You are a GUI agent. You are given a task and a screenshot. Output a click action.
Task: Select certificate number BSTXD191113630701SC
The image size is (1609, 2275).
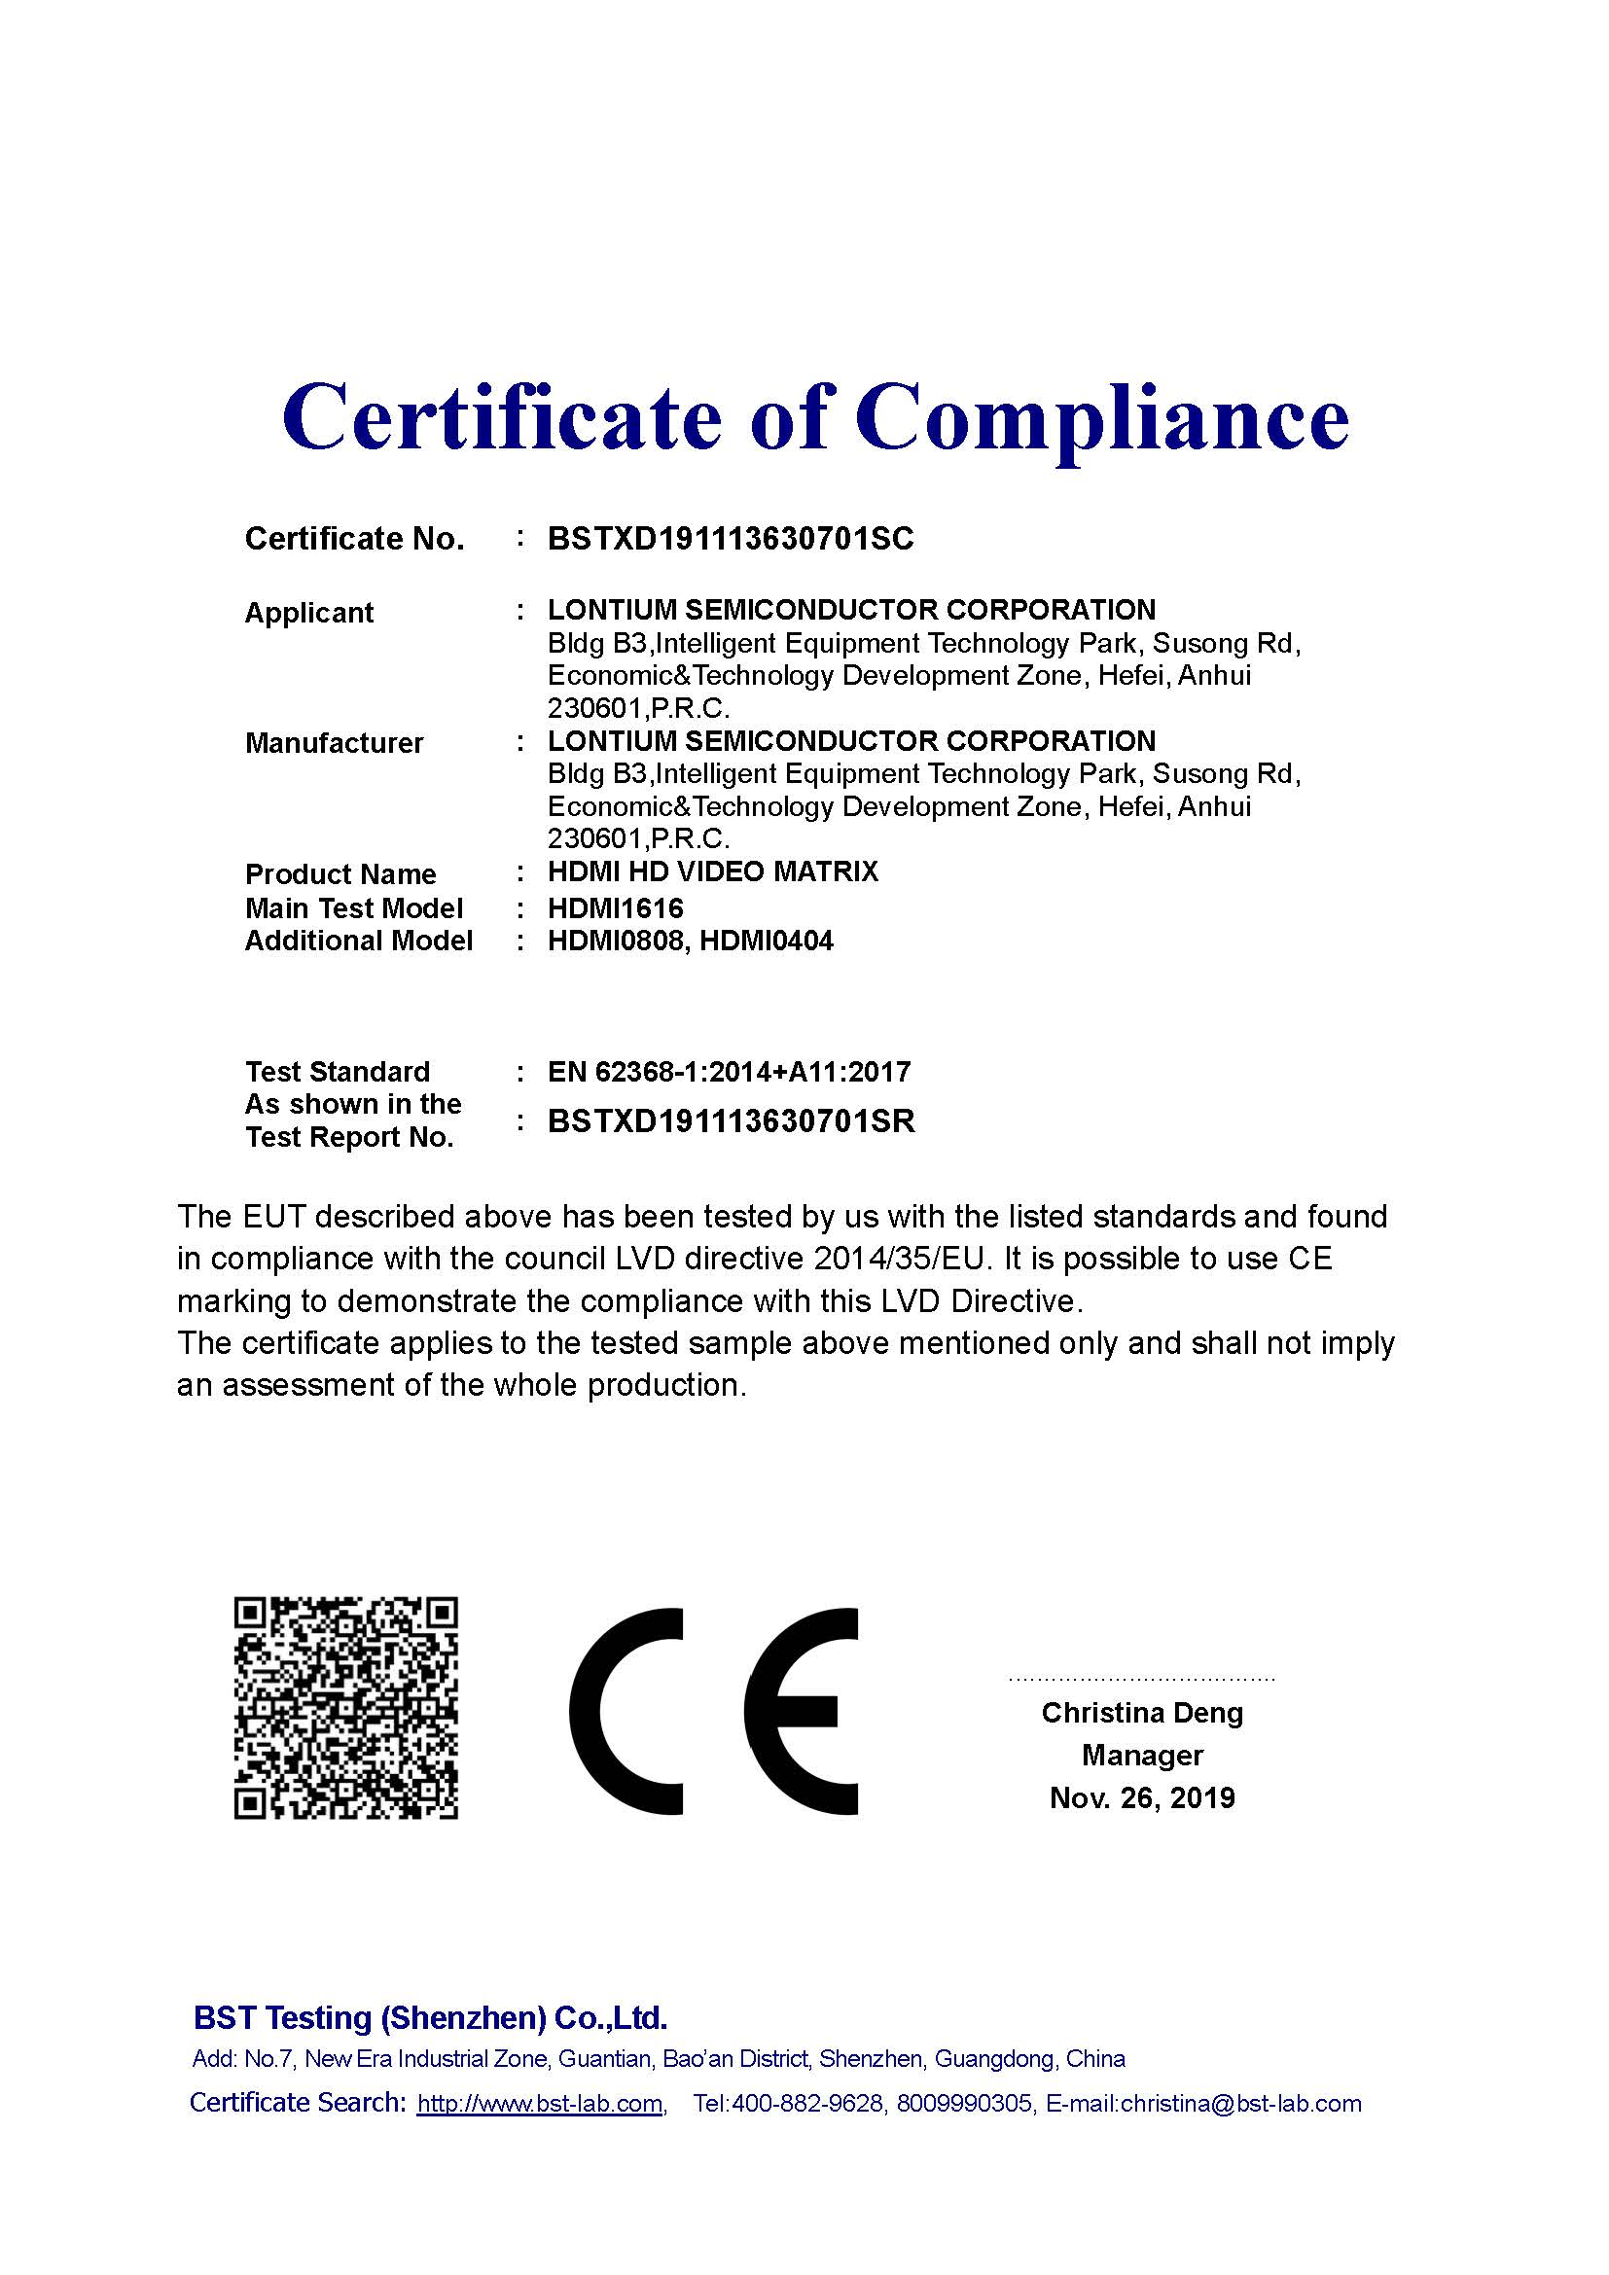pyautogui.click(x=731, y=539)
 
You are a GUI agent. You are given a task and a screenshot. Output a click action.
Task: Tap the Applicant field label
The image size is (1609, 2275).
pyautogui.click(x=309, y=613)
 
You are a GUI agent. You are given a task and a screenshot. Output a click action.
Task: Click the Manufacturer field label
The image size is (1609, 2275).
pyautogui.click(x=334, y=743)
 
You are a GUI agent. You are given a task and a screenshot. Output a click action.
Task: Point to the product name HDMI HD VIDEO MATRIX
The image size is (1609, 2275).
pyautogui.click(x=712, y=871)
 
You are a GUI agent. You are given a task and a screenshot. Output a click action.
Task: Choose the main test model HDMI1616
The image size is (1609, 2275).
pyautogui.click(x=615, y=907)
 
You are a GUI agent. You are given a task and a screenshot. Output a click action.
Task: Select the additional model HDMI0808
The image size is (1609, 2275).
pyautogui.click(x=615, y=941)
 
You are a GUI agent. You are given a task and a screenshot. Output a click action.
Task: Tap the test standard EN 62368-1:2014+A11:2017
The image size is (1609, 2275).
pyautogui.click(x=729, y=1071)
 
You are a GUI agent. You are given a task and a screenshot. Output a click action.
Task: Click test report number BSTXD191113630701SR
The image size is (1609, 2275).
pyautogui.click(x=732, y=1120)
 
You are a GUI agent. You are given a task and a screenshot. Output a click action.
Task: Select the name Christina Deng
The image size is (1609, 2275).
pyautogui.click(x=1141, y=1712)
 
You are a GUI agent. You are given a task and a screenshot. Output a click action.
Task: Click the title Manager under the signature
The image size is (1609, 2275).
pyautogui.click(x=1141, y=1755)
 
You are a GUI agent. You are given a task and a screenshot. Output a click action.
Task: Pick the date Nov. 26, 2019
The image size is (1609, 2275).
pyautogui.click(x=1141, y=1797)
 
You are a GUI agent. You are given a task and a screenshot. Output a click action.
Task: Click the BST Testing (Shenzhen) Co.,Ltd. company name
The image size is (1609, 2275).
pyautogui.click(x=430, y=2017)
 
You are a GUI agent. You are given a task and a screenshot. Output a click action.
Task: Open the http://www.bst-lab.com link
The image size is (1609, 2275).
pyautogui.click(x=539, y=2104)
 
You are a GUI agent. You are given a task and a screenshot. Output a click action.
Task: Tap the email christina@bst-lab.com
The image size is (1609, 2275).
pyautogui.click(x=1240, y=2104)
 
